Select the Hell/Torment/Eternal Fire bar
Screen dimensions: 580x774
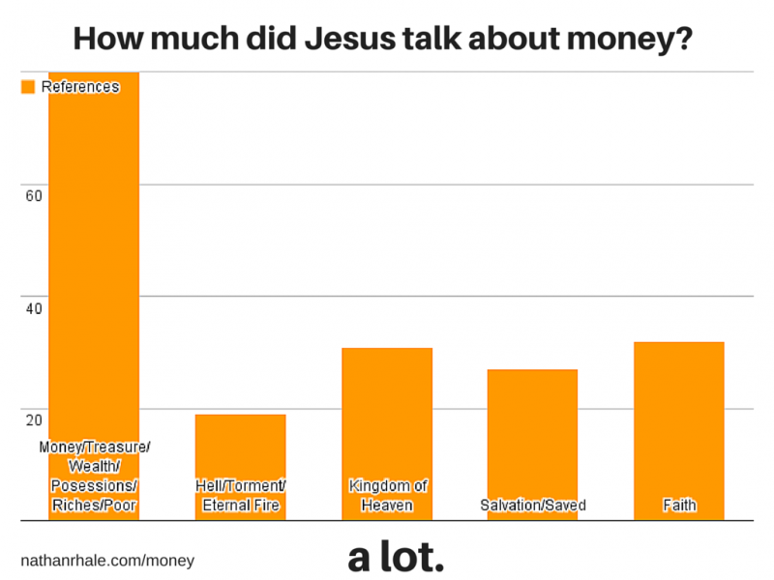pos(240,445)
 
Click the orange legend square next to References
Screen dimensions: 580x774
pos(28,87)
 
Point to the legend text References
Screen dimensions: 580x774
pos(80,87)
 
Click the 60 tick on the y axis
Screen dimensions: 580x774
pos(34,196)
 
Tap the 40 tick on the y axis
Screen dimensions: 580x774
pos(34,308)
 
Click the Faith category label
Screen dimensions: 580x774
pos(678,506)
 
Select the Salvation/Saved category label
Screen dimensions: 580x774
pos(533,506)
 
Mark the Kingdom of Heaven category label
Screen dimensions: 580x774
pos(387,495)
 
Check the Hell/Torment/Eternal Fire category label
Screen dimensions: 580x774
pos(240,495)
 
